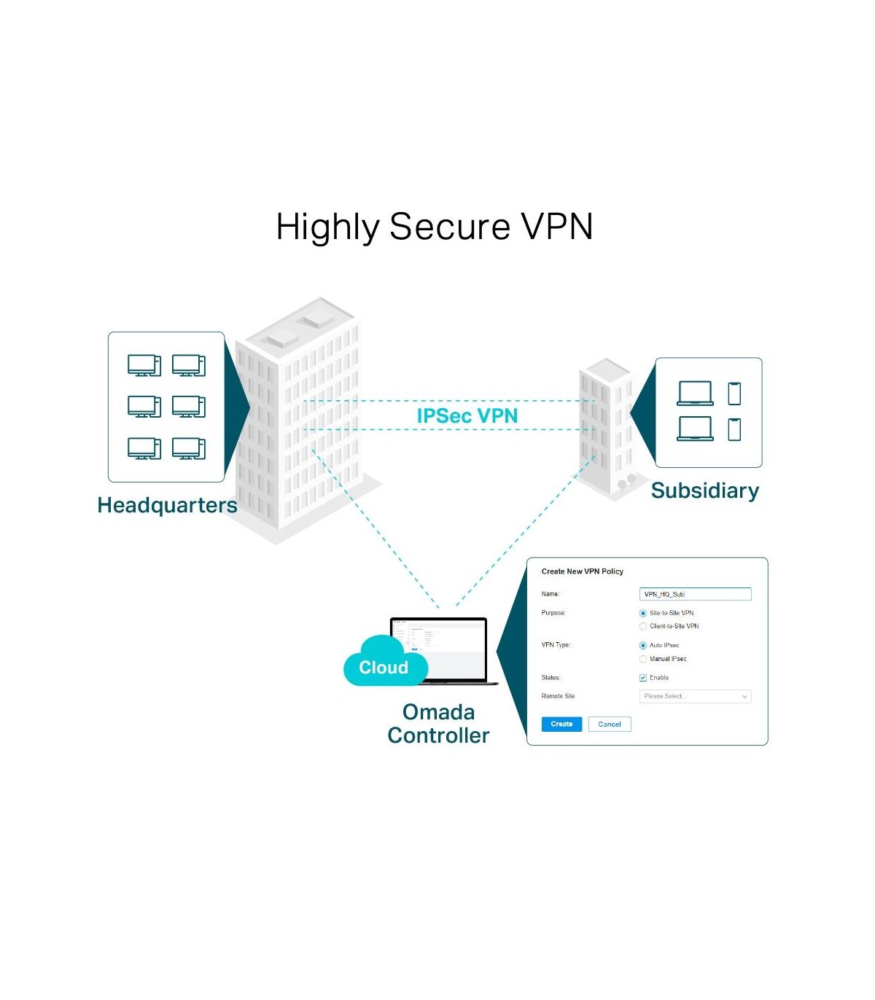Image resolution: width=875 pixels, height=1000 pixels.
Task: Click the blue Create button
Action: pos(561,724)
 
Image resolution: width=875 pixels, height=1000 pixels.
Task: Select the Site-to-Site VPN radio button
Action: pos(643,614)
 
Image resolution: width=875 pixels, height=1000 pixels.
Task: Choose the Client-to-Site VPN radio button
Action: pos(643,627)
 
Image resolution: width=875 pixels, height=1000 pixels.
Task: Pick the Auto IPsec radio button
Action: pos(643,646)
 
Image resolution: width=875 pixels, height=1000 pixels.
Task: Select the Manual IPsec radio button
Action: pos(643,659)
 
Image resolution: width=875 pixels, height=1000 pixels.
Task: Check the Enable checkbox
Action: pos(643,678)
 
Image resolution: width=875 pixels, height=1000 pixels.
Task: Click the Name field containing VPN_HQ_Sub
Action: pos(694,594)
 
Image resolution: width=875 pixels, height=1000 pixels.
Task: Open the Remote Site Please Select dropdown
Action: pos(694,697)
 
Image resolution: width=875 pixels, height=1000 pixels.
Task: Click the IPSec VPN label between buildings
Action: pos(467,415)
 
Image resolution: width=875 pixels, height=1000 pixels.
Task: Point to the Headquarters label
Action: pos(167,505)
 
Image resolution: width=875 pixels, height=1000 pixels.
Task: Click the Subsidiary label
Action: pos(704,491)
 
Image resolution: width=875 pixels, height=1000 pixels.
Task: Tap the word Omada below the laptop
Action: pos(438,712)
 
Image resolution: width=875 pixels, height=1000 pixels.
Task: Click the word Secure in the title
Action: pos(449,227)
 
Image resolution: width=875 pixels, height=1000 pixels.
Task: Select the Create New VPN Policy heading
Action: pos(582,571)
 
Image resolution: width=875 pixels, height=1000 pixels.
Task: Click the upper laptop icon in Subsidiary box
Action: pos(695,394)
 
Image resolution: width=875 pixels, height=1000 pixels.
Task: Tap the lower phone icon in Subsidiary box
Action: pos(734,429)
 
